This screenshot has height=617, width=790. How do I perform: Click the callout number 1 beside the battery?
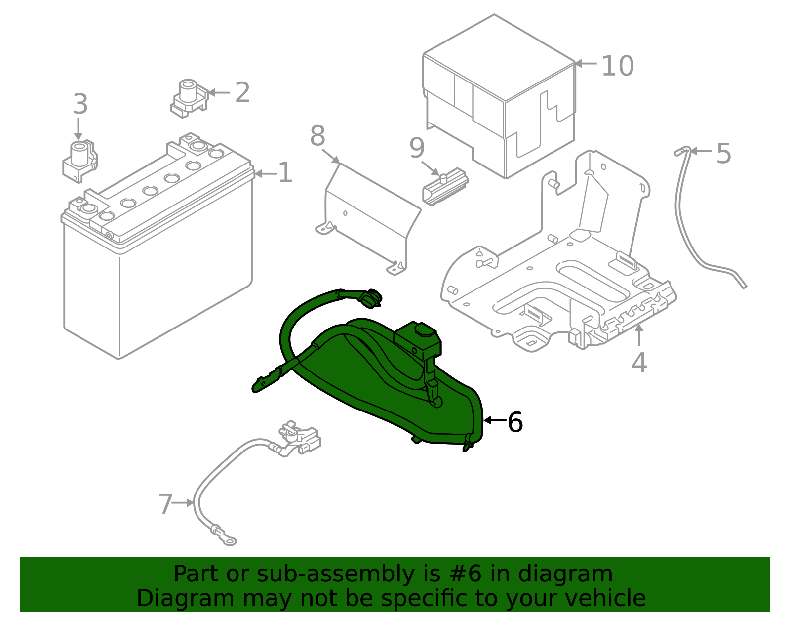[285, 173]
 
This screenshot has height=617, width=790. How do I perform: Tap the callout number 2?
[242, 92]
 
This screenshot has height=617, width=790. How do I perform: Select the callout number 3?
[80, 105]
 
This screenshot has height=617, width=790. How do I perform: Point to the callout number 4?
[639, 363]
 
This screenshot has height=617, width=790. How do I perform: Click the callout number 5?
[723, 154]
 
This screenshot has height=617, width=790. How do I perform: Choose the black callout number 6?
[515, 422]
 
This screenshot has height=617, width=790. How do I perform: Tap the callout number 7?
[165, 504]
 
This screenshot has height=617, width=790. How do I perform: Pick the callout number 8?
[317, 136]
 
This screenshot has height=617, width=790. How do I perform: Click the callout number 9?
[417, 148]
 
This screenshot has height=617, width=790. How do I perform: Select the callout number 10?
[618, 66]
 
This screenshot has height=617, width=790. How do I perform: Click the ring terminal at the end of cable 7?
[228, 539]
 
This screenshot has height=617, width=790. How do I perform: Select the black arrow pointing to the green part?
[495, 420]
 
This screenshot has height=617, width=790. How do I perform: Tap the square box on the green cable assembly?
[418, 340]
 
